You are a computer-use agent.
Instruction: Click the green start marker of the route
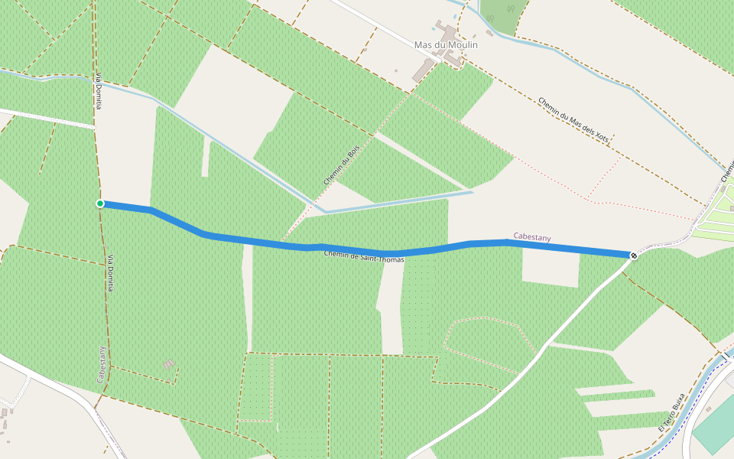100,203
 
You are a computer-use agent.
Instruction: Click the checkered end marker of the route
634,255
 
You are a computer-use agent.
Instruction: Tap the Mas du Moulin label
446,45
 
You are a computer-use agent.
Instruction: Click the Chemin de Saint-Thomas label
364,257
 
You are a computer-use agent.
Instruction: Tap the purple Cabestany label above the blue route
532,237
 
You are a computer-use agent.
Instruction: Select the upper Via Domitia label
99,91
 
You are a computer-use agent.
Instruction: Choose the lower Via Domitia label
111,273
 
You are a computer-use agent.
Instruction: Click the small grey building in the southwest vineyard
169,364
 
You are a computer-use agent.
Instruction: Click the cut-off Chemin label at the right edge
726,172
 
